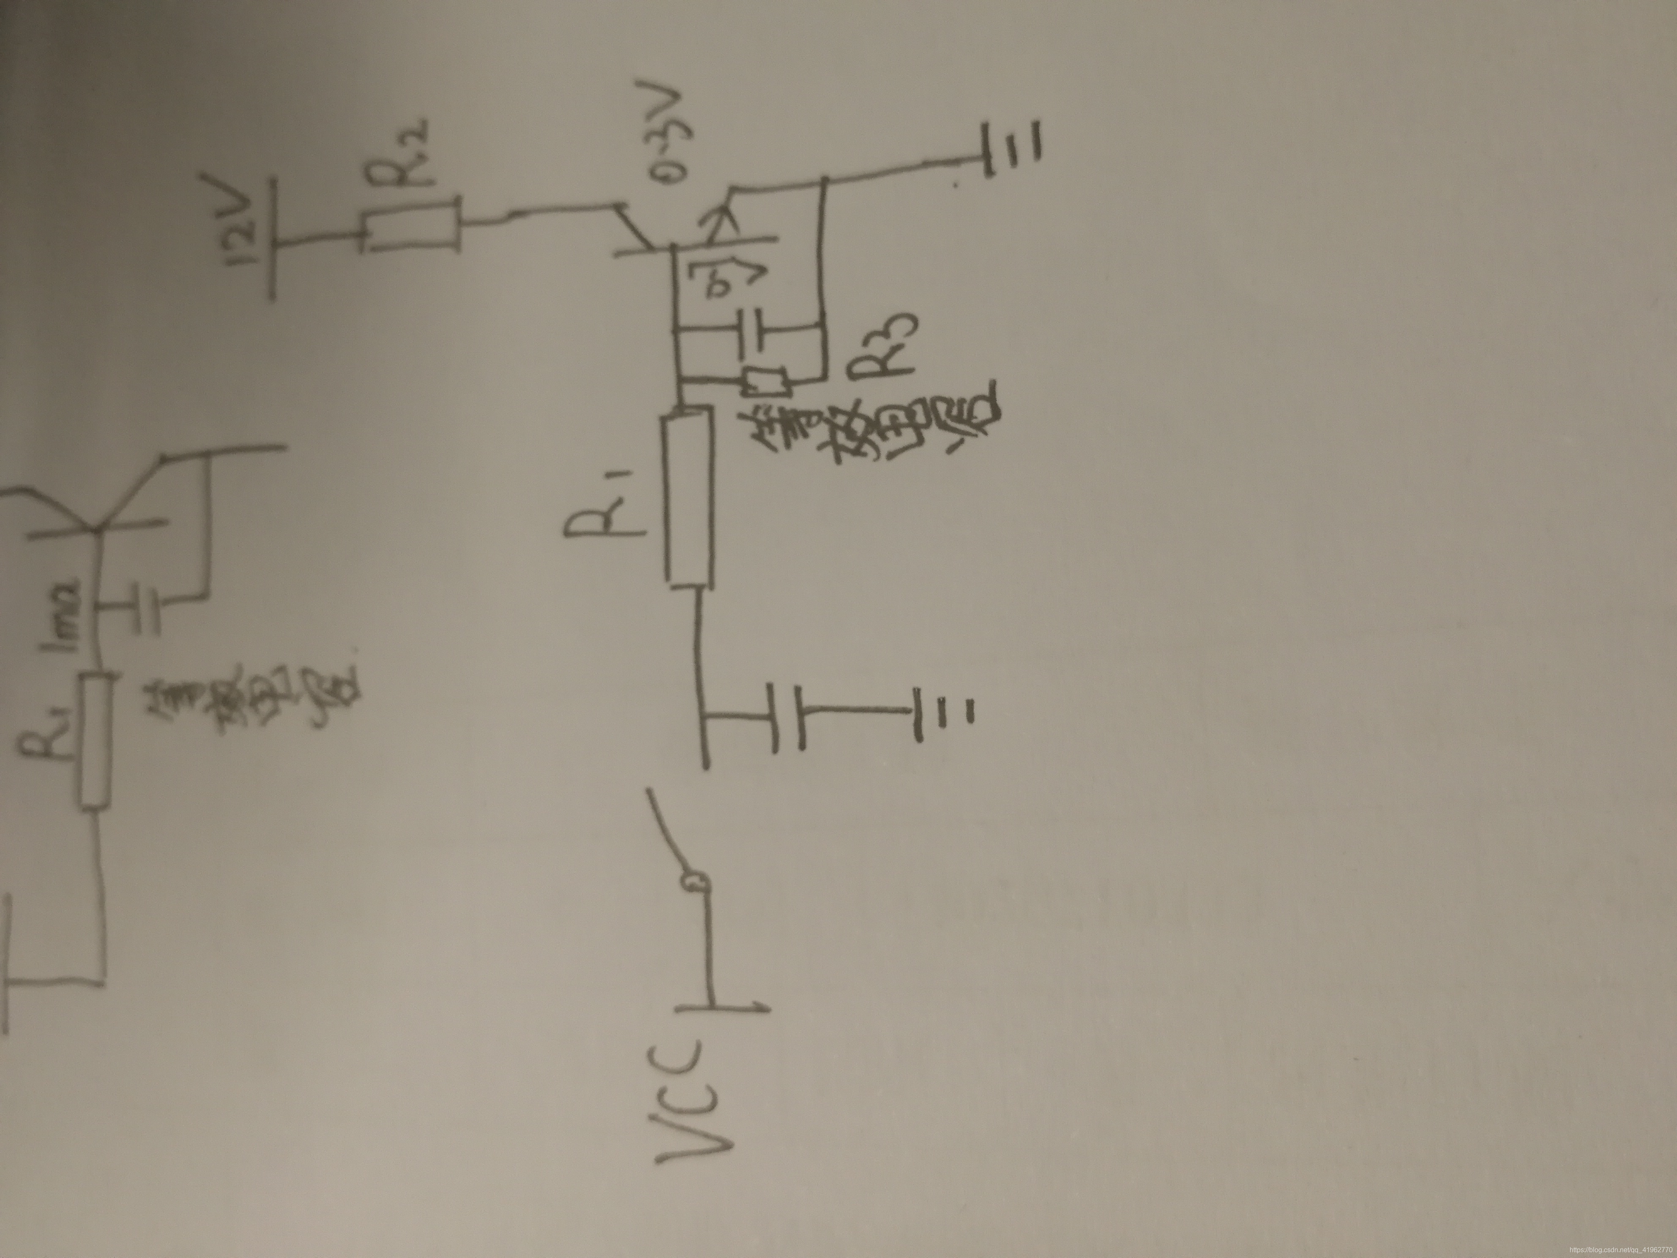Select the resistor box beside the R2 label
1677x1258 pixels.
click(x=410, y=224)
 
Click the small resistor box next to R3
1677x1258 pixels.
click(x=767, y=381)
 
